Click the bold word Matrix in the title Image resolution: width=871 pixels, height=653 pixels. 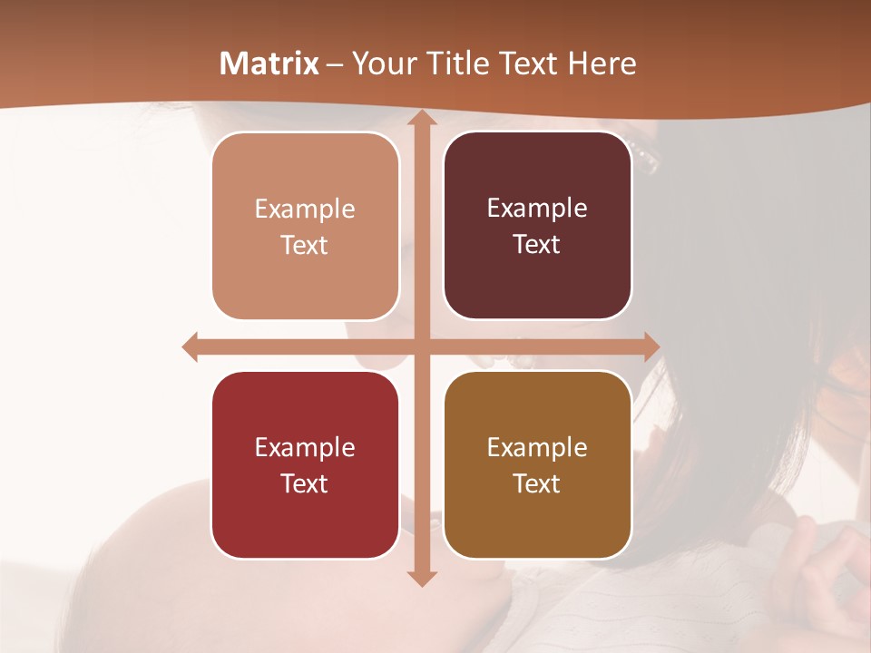click(x=269, y=63)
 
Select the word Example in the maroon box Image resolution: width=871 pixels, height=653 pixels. click(x=537, y=209)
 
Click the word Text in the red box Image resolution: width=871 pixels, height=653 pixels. click(x=304, y=483)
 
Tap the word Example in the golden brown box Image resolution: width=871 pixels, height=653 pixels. click(x=537, y=447)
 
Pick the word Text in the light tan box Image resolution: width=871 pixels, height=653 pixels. click(x=304, y=245)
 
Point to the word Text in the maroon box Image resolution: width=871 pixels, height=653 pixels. click(x=537, y=245)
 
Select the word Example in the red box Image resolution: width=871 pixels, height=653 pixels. click(x=305, y=447)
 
